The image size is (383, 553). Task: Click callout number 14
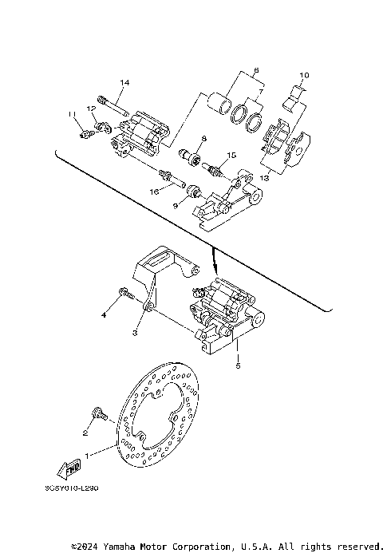(124, 83)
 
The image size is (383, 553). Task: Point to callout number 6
(256, 70)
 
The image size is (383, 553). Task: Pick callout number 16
(156, 192)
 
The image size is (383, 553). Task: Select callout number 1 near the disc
(89, 452)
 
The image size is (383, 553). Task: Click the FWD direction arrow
(71, 468)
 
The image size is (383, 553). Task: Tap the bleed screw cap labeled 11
(85, 135)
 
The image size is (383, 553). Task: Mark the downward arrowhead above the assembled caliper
(214, 268)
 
